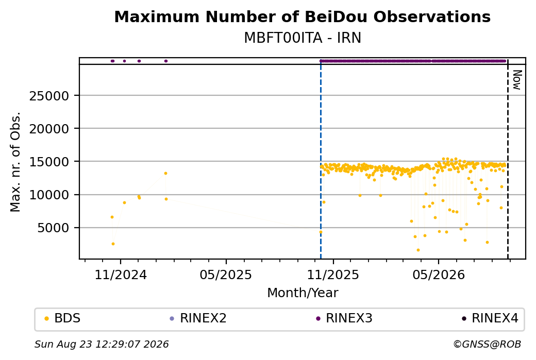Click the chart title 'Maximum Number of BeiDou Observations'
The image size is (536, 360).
click(302, 16)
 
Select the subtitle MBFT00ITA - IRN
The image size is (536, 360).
click(303, 38)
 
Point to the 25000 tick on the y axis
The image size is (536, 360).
click(49, 96)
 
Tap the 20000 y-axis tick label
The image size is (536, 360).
click(49, 129)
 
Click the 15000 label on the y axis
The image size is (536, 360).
click(49, 162)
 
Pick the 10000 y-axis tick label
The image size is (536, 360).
click(49, 195)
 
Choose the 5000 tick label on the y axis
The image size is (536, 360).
click(53, 228)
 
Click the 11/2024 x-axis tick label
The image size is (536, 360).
click(121, 275)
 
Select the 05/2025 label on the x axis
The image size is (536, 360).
click(226, 275)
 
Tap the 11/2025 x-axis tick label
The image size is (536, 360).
click(333, 275)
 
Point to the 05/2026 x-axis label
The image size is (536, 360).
click(439, 275)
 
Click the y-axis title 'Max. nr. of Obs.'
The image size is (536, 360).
click(15, 162)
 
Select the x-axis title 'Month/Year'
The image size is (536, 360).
click(303, 293)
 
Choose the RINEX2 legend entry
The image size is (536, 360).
click(198, 318)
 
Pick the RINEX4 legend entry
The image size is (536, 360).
click(490, 318)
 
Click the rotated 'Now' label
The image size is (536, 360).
click(517, 80)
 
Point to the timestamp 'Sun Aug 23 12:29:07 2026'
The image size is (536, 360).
click(102, 344)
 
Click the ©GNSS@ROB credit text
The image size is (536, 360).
click(487, 344)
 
